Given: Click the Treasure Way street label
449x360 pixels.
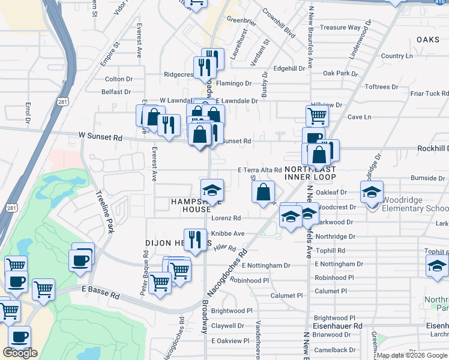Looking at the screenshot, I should pos(340,28).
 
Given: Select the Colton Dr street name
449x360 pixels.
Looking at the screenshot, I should pos(118,79).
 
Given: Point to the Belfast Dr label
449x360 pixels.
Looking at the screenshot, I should pos(116,92).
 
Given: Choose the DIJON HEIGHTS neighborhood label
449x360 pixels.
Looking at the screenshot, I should pos(174,243).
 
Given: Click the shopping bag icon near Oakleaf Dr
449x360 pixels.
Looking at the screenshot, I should pos(263,193).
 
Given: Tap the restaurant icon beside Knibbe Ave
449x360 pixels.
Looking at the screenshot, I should pos(194,240).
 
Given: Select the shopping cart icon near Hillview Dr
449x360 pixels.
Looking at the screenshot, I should pos(316,115).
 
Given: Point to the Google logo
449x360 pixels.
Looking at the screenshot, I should pos(20,353).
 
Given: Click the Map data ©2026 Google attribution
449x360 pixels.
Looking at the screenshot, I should pos(412,355).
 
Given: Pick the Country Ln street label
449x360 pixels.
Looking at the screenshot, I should pos(397,56).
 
